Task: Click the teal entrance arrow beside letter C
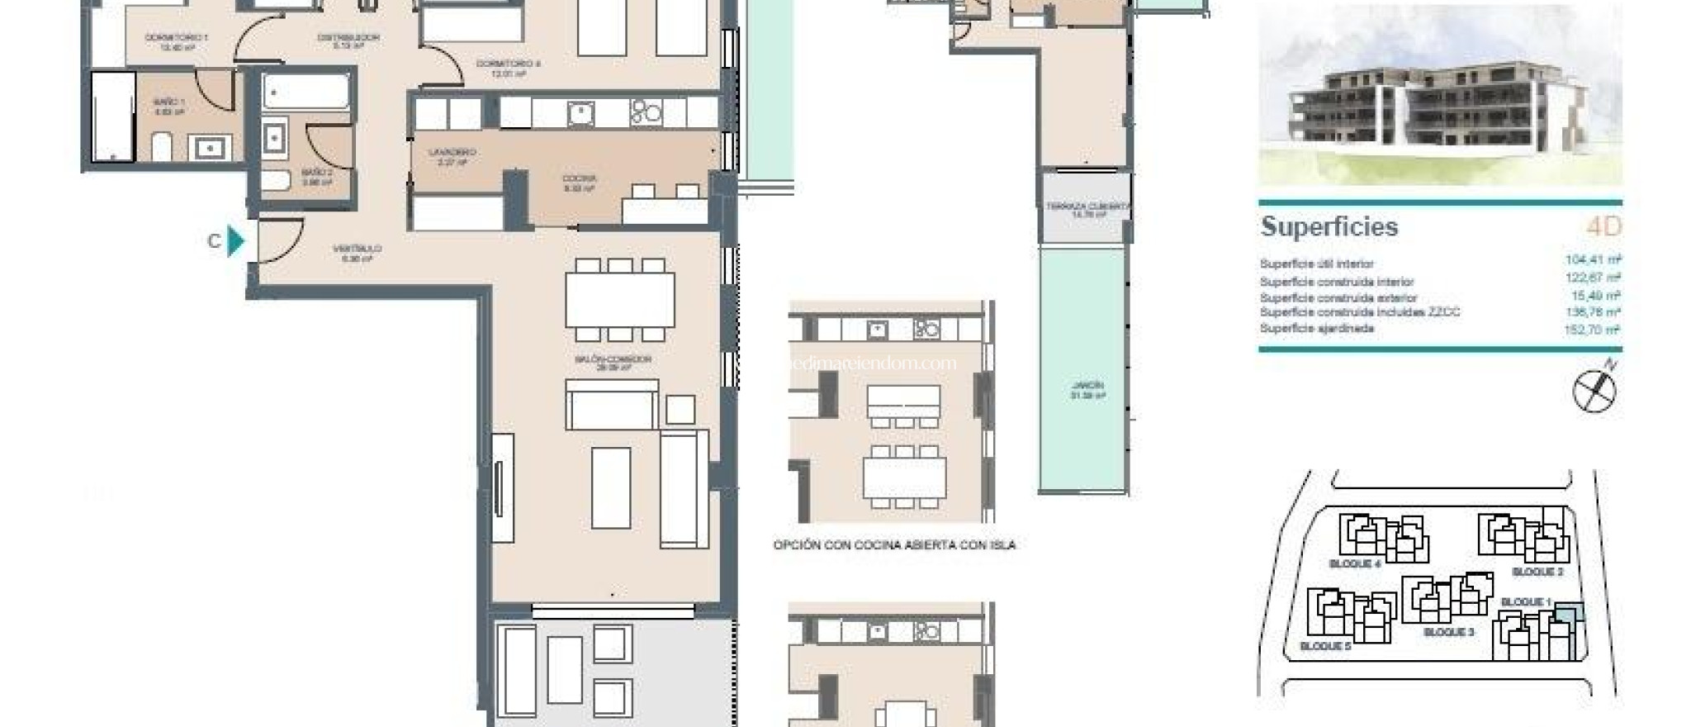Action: coord(236,241)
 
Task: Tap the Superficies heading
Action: coord(1329,226)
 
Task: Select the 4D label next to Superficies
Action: coord(1603,226)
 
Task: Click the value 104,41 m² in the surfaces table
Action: coord(1592,260)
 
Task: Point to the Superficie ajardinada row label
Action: coord(1316,329)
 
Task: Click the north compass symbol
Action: coord(1594,389)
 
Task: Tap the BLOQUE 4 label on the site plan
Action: coord(1355,564)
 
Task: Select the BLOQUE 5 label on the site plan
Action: coord(1325,646)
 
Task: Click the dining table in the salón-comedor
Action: coord(619,300)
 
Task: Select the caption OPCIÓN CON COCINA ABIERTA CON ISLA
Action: coord(894,545)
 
